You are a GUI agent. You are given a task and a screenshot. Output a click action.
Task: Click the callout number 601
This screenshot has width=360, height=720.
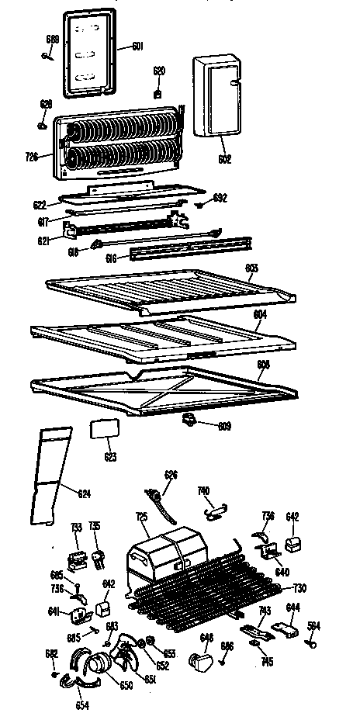(x=137, y=46)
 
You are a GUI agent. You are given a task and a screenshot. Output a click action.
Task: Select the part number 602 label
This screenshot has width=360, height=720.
(x=224, y=160)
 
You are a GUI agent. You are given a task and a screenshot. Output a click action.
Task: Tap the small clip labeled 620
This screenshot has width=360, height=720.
(x=158, y=93)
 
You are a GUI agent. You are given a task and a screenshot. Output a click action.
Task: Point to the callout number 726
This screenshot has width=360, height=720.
(x=32, y=156)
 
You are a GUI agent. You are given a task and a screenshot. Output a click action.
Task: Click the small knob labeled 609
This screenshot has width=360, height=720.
(x=188, y=420)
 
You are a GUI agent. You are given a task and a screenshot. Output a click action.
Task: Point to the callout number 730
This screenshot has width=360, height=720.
(x=299, y=587)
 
